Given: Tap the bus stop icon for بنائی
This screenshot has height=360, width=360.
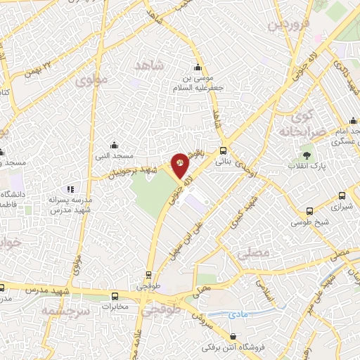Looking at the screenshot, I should pyautogui.click(x=224, y=150).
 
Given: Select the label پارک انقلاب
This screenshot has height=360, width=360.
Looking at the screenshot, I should pyautogui.click(x=303, y=166).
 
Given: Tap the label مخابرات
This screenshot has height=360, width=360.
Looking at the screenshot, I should pyautogui.click(x=115, y=307).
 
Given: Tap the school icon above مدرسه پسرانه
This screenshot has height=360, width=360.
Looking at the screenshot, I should pyautogui.click(x=70, y=189).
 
